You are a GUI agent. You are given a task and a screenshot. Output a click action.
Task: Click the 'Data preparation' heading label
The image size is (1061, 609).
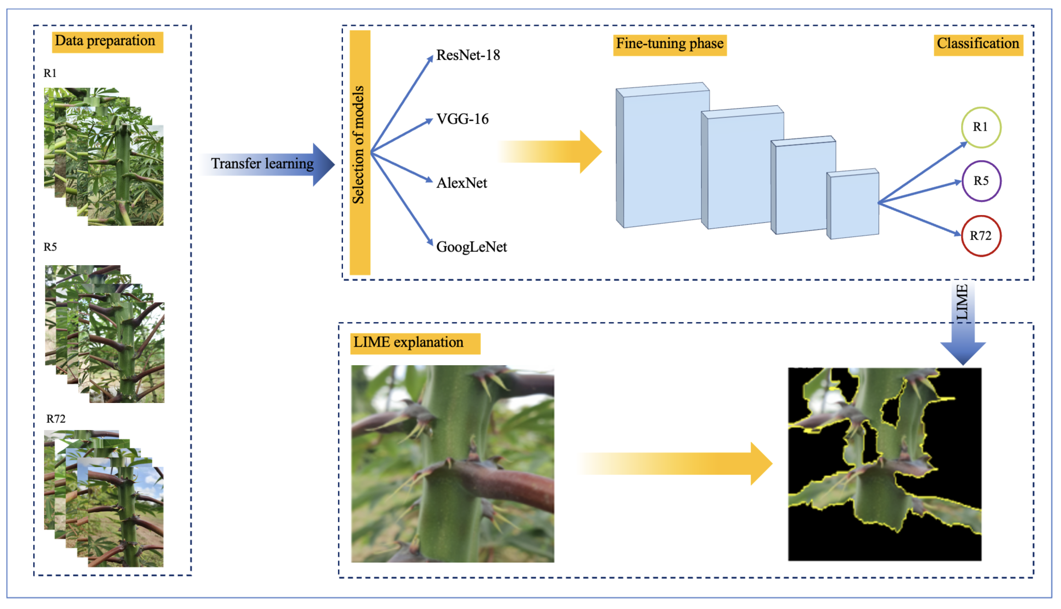107,42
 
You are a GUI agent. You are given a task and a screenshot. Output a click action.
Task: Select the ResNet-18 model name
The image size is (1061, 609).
468,55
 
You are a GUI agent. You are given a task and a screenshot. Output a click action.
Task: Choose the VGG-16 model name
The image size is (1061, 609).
462,119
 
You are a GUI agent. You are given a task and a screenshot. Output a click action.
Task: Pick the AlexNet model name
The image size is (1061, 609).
461,183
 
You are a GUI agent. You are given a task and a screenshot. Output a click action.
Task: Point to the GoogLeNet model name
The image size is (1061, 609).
471,247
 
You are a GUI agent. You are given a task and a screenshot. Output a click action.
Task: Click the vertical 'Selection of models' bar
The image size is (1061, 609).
360,152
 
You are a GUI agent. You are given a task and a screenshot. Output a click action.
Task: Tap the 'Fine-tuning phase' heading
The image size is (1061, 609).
669,45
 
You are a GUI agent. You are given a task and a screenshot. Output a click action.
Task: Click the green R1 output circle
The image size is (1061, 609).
981,127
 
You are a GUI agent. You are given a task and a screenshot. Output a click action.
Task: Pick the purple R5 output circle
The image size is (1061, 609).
981,181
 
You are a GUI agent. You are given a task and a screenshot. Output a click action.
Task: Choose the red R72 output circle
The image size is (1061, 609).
981,236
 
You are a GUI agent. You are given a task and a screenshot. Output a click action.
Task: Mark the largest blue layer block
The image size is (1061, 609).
663,155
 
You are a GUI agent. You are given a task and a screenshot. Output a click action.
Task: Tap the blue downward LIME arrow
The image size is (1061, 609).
963,327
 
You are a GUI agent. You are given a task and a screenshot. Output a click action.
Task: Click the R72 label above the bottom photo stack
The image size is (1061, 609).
56,419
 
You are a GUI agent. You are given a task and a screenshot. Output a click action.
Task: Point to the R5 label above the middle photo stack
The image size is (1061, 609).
50,247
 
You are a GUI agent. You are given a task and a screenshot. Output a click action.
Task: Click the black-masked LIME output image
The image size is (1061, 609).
884,464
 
